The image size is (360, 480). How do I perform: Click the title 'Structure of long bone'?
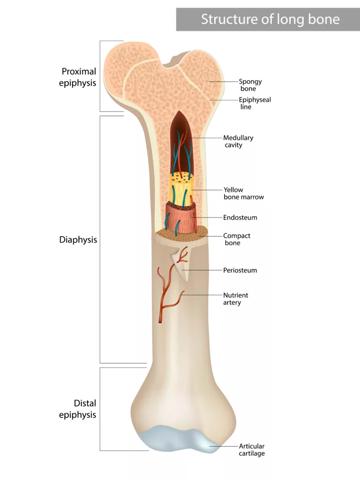(x=270, y=19)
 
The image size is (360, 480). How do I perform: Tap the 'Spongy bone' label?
(x=250, y=85)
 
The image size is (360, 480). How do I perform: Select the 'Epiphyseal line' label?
(x=255, y=103)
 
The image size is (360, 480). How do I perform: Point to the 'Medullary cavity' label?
(x=238, y=141)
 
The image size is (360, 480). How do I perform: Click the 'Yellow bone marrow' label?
(x=244, y=193)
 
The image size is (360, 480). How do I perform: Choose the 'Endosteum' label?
(x=240, y=217)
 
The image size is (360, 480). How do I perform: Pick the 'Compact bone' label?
(x=237, y=239)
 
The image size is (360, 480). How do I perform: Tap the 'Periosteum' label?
(x=240, y=270)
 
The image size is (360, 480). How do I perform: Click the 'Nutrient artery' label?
(x=235, y=299)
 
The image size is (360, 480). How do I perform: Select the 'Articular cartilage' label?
(x=252, y=450)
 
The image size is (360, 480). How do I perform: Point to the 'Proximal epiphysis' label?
(x=77, y=77)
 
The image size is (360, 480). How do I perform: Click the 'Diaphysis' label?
(x=78, y=240)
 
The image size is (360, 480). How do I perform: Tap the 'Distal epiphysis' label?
(x=77, y=409)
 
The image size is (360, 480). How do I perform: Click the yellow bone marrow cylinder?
(x=181, y=189)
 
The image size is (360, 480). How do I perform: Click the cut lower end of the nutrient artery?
(x=160, y=322)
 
